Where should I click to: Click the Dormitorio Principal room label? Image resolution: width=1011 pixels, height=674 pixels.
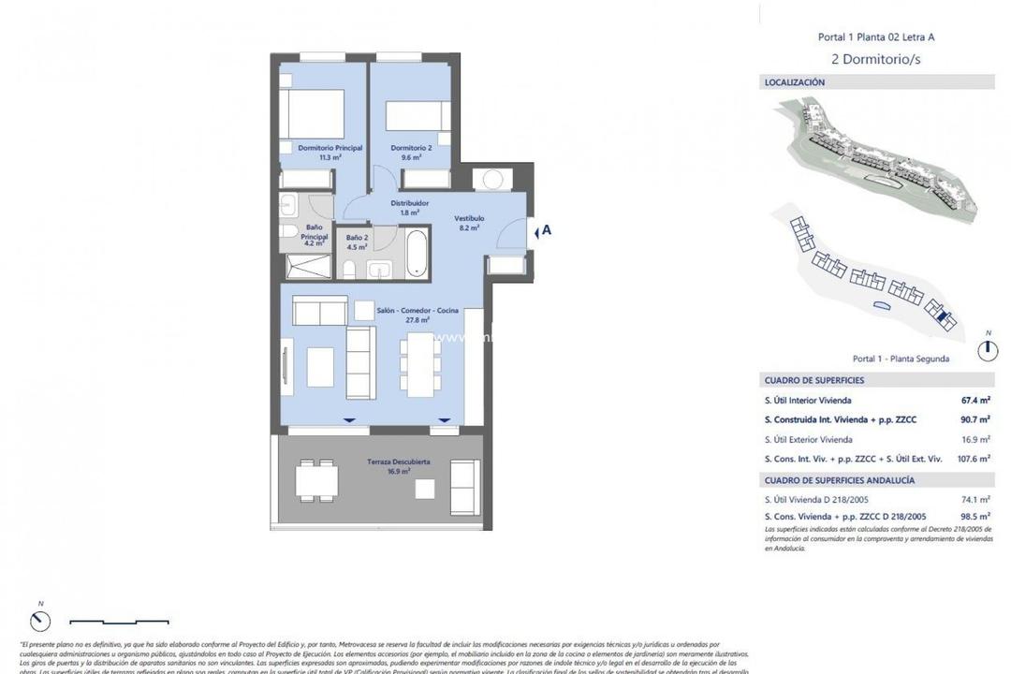315,148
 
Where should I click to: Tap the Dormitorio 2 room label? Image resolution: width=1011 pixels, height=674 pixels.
411,148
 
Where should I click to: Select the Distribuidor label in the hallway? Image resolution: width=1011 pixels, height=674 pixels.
410,202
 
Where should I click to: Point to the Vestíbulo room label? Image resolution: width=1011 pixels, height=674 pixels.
469,218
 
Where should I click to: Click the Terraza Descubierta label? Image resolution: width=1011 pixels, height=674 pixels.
399,462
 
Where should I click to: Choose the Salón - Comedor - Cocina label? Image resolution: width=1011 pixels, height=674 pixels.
418,311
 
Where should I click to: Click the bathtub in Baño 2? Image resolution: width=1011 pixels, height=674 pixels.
417,253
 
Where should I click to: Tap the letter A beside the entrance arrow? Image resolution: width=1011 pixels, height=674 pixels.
546,228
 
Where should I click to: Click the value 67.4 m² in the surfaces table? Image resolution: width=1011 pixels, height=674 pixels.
974,400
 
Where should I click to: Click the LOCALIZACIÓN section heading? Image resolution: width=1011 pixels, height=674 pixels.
795,82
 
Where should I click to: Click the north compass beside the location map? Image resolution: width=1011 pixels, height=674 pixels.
987,350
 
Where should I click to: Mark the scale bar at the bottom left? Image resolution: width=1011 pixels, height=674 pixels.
117,620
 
